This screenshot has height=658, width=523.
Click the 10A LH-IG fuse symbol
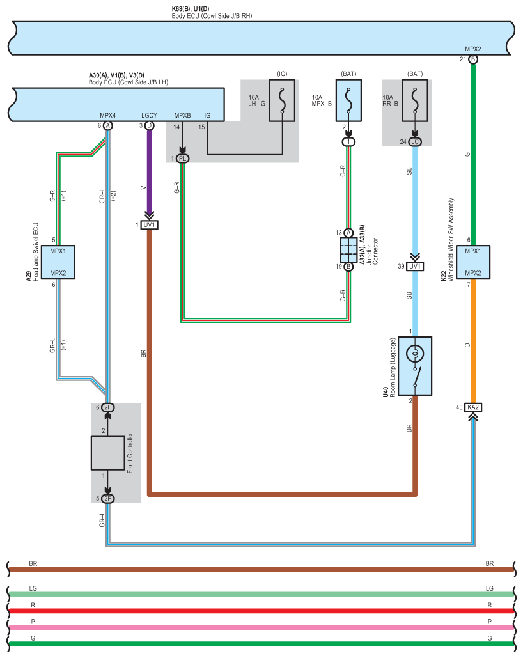click(x=282, y=101)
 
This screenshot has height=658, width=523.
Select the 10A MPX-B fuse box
click(x=348, y=101)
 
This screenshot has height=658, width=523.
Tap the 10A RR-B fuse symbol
click(x=415, y=101)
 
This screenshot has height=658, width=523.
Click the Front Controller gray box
click(x=108, y=453)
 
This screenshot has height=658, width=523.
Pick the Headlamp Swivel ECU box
click(x=58, y=262)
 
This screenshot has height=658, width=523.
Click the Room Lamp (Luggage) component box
click(x=415, y=366)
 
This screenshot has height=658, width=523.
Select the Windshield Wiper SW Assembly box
click(x=473, y=262)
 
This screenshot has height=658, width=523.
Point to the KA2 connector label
click(x=473, y=407)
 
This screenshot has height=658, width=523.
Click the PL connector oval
click(x=183, y=159)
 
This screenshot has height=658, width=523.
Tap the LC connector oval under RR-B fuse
click(x=415, y=142)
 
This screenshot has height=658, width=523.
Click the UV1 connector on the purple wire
click(x=150, y=225)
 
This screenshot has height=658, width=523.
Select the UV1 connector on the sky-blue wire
click(x=415, y=267)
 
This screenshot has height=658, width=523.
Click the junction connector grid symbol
click(x=348, y=249)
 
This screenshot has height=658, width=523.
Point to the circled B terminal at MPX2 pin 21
click(x=473, y=59)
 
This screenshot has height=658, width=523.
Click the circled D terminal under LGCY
click(x=150, y=126)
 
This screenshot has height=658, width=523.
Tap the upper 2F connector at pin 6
click(x=108, y=407)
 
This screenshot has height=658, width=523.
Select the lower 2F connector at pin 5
click(x=108, y=499)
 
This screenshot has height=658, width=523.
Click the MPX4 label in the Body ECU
click(x=108, y=115)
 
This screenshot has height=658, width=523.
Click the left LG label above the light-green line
click(x=33, y=588)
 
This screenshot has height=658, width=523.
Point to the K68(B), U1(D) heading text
click(x=191, y=8)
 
